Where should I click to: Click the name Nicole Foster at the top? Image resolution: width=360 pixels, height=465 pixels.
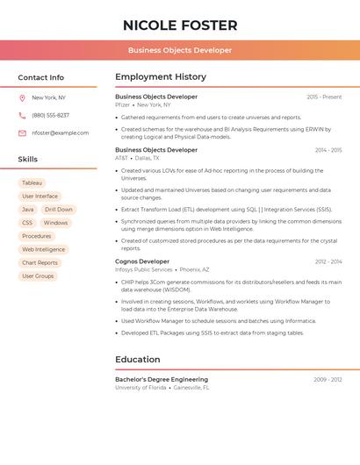(180, 25)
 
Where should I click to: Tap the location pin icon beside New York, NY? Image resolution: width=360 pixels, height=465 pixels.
(22, 97)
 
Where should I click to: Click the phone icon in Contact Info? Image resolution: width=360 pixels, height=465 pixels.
(22, 115)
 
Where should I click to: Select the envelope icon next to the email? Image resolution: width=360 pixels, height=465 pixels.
(22, 133)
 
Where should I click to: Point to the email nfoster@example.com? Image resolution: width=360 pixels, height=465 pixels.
(61, 133)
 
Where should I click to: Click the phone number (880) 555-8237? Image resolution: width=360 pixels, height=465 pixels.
(50, 115)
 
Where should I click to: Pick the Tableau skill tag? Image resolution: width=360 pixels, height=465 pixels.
(32, 182)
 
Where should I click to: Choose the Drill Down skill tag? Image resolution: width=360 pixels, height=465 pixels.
(59, 210)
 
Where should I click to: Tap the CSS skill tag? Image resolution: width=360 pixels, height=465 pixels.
(27, 223)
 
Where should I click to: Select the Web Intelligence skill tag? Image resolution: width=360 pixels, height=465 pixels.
(43, 249)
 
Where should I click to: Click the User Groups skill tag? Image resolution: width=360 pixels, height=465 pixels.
(38, 275)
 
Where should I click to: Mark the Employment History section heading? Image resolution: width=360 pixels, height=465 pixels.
(161, 77)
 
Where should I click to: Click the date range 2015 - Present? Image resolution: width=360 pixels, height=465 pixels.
(324, 97)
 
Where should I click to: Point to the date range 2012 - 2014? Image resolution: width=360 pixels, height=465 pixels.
(328, 261)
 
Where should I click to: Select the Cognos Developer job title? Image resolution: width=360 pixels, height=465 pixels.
(142, 261)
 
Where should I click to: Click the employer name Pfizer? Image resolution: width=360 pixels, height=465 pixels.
(122, 104)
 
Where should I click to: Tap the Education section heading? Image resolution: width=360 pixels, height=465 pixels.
(137, 359)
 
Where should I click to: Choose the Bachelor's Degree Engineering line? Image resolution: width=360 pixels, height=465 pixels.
(162, 379)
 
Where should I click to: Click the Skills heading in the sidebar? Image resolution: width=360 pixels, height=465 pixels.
(28, 160)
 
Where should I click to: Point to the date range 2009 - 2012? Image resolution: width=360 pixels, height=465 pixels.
(328, 379)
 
